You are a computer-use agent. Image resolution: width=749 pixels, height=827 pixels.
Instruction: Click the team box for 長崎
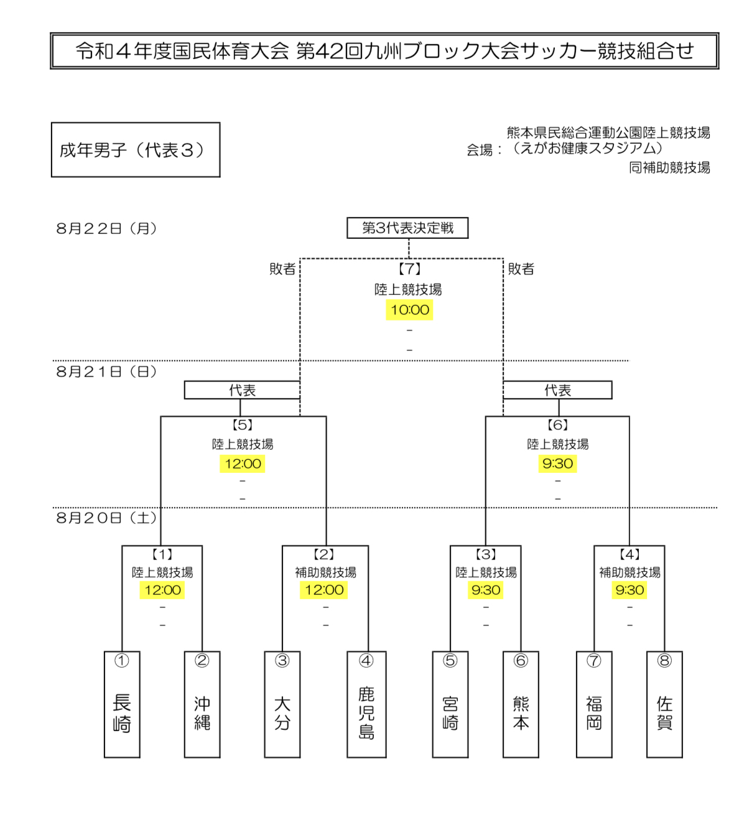coord(122,704)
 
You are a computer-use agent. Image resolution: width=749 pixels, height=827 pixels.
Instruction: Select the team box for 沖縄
coord(202,704)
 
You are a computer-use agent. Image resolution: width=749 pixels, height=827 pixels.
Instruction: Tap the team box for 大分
coord(282,704)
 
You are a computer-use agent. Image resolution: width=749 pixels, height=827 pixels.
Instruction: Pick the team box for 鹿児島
coord(366,704)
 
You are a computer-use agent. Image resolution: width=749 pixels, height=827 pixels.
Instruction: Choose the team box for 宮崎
coord(450,704)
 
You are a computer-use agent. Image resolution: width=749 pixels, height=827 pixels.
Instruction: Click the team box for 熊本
coord(521,704)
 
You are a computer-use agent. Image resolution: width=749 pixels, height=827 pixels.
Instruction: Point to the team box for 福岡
coord(594,704)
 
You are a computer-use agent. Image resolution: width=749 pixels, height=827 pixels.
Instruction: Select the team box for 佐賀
coord(664,704)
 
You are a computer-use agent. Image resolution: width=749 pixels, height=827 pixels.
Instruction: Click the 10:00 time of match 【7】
coord(410,310)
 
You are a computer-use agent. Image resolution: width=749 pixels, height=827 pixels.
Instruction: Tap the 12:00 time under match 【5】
coord(243,464)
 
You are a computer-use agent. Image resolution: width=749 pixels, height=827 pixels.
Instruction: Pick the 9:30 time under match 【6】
coord(557,464)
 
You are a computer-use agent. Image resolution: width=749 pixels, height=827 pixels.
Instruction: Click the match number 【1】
coord(162,554)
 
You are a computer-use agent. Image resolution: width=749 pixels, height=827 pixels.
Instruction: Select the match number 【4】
coord(630,554)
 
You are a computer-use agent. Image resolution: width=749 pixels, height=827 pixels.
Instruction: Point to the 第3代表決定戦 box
coord(407,228)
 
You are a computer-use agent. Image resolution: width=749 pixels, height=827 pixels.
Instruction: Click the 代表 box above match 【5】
coord(242,390)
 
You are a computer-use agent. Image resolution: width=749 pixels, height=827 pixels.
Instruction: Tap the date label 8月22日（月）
coord(106,228)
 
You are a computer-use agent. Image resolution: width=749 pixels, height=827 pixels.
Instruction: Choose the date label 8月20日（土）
coord(106,518)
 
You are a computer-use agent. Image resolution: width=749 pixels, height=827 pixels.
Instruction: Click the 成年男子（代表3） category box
coord(136,150)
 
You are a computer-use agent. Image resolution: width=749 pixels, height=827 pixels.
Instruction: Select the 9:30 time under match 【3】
coord(486,590)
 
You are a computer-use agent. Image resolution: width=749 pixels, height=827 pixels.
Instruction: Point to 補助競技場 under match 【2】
coord(325,572)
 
